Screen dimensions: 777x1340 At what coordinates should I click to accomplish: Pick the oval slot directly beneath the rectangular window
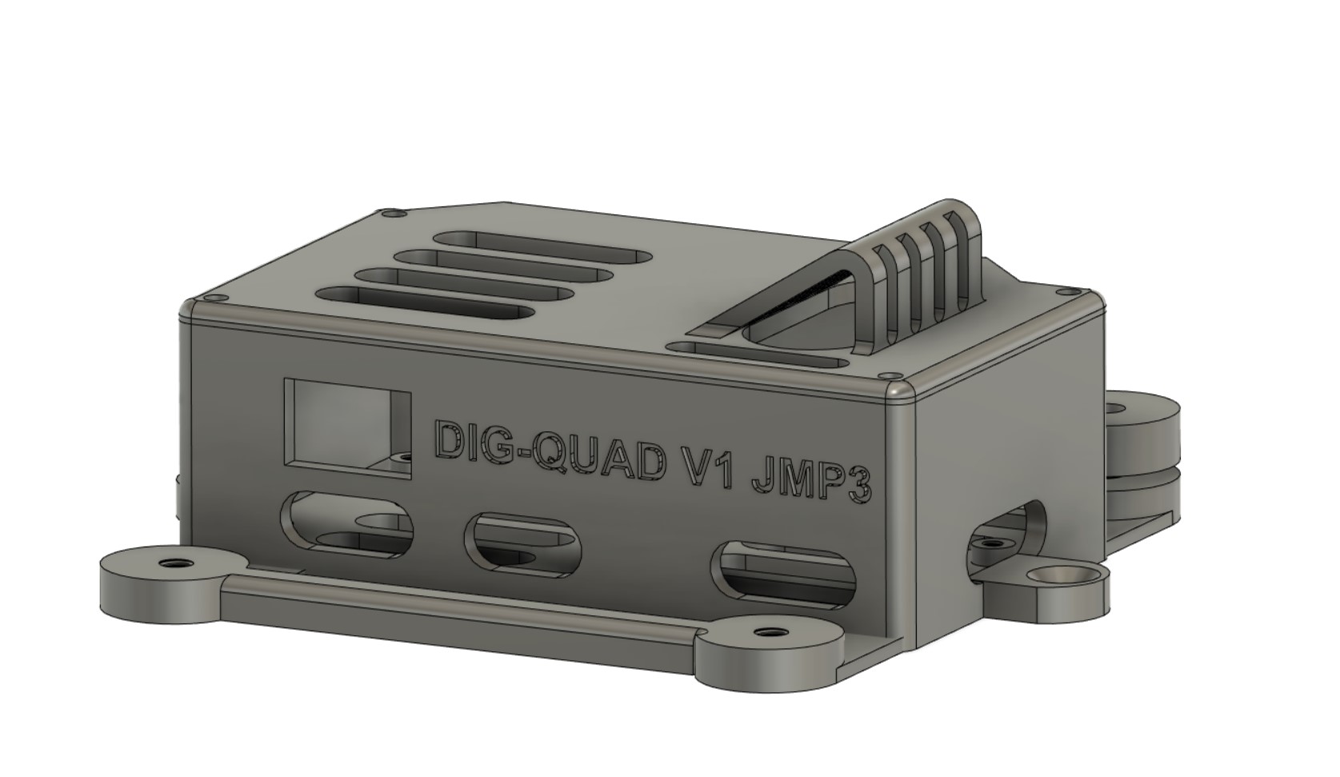click(x=347, y=524)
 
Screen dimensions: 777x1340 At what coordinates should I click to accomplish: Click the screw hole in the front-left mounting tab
click(x=170, y=562)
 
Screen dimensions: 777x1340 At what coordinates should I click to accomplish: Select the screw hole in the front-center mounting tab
click(x=769, y=634)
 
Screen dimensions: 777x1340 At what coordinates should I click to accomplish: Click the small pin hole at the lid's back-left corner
click(x=392, y=214)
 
